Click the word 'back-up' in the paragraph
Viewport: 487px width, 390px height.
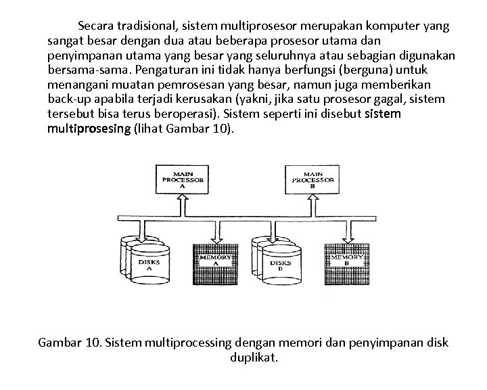pos(68,99)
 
